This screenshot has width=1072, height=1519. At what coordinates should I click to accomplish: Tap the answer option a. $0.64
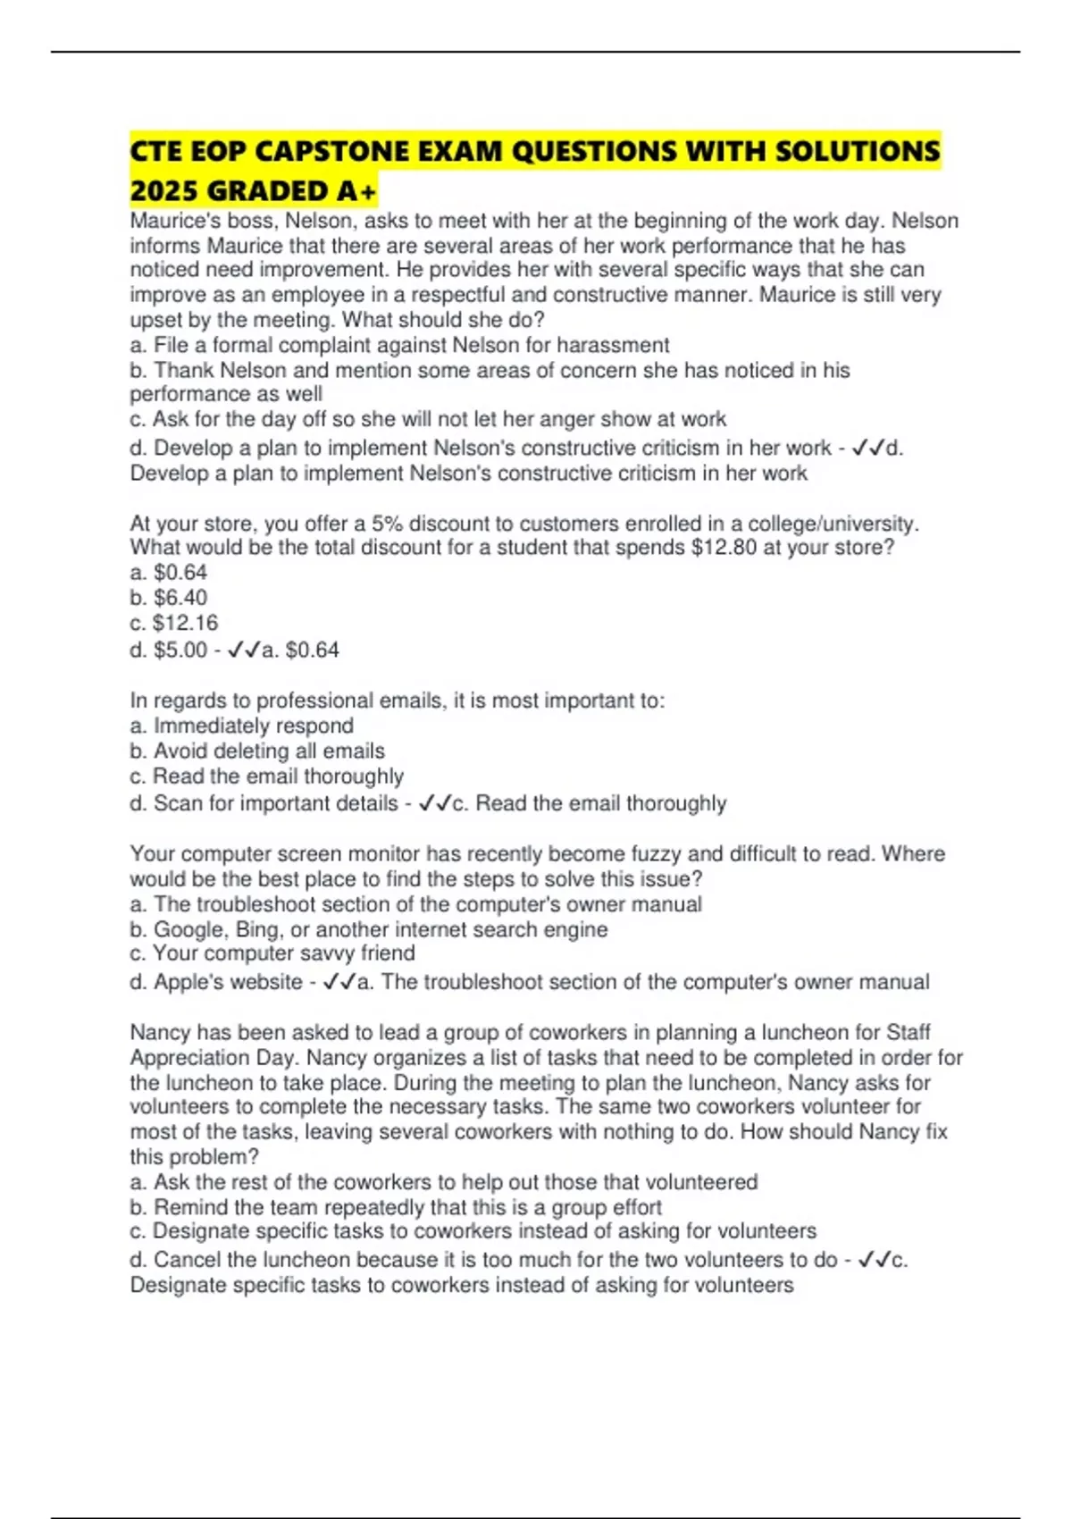169,572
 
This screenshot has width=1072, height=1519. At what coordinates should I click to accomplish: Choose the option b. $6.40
169,597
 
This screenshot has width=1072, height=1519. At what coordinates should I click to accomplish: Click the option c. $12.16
174,623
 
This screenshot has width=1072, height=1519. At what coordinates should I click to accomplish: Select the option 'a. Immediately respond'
242,726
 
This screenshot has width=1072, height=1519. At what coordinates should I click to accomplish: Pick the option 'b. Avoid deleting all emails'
257,751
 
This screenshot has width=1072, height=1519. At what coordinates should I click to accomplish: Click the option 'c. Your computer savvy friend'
272,953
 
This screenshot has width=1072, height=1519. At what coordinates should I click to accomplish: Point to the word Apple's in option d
188,982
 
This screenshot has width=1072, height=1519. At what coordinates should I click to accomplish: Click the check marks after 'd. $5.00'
244,650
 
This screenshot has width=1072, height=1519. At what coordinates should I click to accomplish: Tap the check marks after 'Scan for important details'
435,803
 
